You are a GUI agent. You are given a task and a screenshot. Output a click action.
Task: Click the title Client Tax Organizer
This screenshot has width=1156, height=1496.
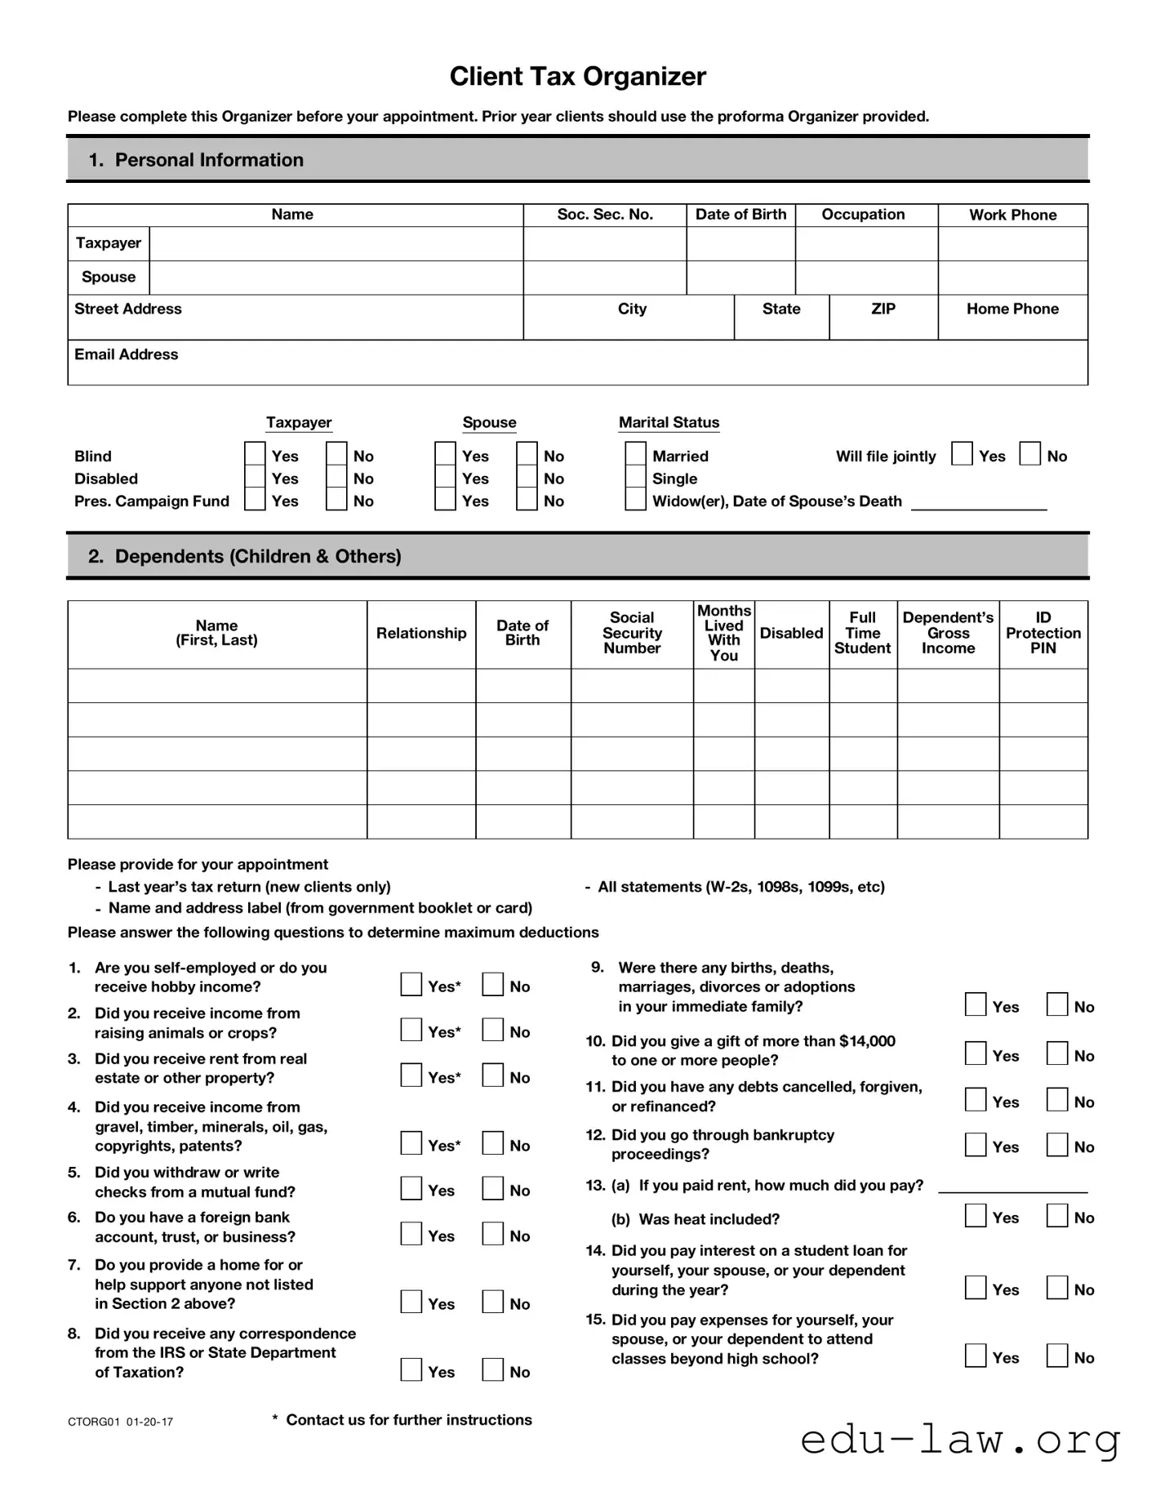(x=577, y=77)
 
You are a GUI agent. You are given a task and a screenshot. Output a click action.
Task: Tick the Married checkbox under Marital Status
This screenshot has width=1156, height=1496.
(x=635, y=455)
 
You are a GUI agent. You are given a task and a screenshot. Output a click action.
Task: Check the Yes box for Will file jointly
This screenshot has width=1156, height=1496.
(x=962, y=454)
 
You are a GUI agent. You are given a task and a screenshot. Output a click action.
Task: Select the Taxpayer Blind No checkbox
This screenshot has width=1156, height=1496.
(x=336, y=455)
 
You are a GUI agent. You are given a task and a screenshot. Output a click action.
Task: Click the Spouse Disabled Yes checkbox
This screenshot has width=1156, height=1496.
(x=445, y=478)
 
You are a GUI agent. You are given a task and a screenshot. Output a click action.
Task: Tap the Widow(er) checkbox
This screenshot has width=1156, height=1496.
(x=635, y=500)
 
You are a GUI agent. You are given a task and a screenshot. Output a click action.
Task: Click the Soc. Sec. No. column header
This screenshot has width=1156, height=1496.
(x=605, y=215)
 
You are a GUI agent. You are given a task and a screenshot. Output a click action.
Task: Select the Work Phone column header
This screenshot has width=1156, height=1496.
(x=1012, y=215)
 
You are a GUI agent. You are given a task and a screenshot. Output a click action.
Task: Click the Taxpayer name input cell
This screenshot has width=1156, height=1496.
(x=336, y=243)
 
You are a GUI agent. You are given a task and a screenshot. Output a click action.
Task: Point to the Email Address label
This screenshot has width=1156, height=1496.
(x=127, y=354)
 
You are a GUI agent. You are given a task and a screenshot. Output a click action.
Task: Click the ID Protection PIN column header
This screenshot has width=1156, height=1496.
(x=1043, y=633)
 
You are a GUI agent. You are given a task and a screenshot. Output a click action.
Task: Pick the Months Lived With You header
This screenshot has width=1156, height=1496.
(x=723, y=633)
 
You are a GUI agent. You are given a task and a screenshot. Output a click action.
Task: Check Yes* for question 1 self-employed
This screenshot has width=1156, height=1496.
(x=411, y=985)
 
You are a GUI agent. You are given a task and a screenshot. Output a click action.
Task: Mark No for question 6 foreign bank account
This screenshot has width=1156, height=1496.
(x=492, y=1234)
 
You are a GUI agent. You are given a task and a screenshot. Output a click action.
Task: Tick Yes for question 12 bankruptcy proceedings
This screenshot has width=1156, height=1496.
(x=976, y=1145)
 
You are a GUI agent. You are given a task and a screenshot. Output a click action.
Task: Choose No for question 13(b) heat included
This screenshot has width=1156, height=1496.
(x=1057, y=1216)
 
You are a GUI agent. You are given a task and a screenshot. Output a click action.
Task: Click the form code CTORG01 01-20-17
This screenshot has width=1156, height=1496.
(x=120, y=1422)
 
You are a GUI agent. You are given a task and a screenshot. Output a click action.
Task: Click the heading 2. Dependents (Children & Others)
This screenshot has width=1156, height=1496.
(x=245, y=556)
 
